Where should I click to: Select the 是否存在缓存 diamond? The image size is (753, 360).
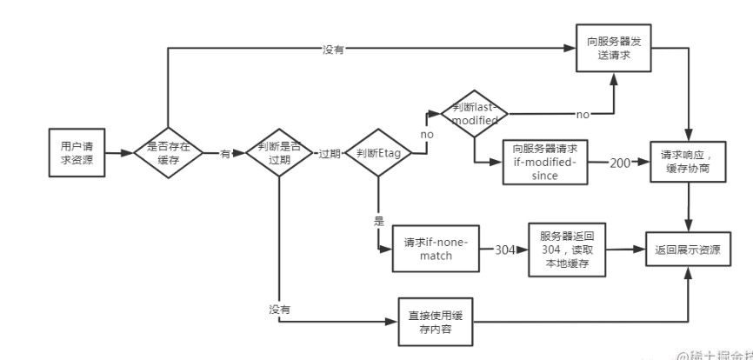(x=168, y=152)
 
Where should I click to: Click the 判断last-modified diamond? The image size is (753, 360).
(x=474, y=114)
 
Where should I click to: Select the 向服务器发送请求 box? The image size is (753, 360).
(x=614, y=48)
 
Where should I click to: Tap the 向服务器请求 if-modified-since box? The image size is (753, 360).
(x=545, y=159)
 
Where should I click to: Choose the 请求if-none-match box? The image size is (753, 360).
(x=436, y=248)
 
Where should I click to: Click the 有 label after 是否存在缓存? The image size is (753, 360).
(x=224, y=153)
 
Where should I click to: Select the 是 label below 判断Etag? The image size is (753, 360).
(x=378, y=222)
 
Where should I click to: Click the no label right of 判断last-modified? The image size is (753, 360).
(x=583, y=114)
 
